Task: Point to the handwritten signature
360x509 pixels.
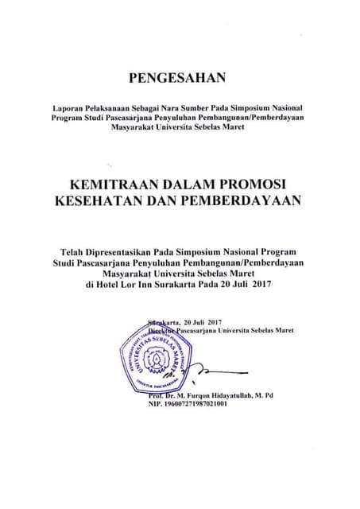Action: coord(199,371)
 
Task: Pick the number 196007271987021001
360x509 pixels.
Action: coord(195,404)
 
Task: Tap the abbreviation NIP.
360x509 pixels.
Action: coord(155,404)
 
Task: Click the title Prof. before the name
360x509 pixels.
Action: coord(155,395)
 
